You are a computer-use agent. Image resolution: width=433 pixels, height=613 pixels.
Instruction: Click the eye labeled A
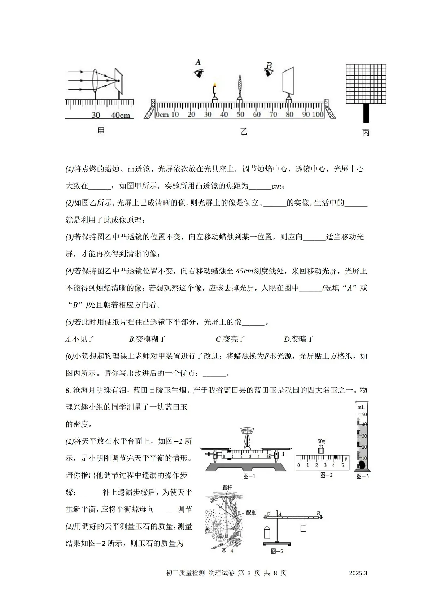pyautogui.click(x=198, y=73)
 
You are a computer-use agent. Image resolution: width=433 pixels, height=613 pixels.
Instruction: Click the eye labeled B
pyautogui.click(x=268, y=72)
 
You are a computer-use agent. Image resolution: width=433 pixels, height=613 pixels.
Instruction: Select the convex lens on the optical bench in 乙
pyautogui.click(x=240, y=87)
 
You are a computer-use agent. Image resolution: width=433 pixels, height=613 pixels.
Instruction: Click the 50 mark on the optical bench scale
pyautogui.click(x=240, y=115)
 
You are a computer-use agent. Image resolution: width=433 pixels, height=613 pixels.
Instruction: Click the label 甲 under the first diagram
pyautogui.click(x=101, y=130)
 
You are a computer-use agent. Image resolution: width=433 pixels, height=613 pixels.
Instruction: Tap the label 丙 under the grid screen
pyautogui.click(x=366, y=133)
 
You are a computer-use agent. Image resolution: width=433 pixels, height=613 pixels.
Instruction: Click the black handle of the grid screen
pyautogui.click(x=367, y=113)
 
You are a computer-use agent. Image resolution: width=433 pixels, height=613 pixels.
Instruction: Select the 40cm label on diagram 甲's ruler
pyautogui.click(x=120, y=115)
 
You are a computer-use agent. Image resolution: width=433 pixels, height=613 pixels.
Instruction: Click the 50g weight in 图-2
pyautogui.click(x=321, y=449)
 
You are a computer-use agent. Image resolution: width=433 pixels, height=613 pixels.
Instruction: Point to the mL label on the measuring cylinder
pyautogui.click(x=360, y=407)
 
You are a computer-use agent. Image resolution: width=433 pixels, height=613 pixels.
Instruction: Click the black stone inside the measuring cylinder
pyautogui.click(x=362, y=465)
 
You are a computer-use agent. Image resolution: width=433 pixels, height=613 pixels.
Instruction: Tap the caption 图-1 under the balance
pyautogui.click(x=249, y=476)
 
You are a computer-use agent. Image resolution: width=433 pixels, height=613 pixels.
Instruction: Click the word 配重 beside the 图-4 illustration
pyautogui.click(x=251, y=512)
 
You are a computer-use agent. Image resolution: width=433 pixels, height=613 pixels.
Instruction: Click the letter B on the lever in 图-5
pyautogui.click(x=318, y=514)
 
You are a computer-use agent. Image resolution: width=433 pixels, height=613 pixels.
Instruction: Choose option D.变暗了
pyautogui.click(x=299, y=339)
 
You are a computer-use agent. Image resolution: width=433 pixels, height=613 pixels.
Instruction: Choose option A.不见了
pyautogui.click(x=80, y=339)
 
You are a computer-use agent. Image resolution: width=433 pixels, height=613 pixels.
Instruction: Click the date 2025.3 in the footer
pyautogui.click(x=358, y=573)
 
